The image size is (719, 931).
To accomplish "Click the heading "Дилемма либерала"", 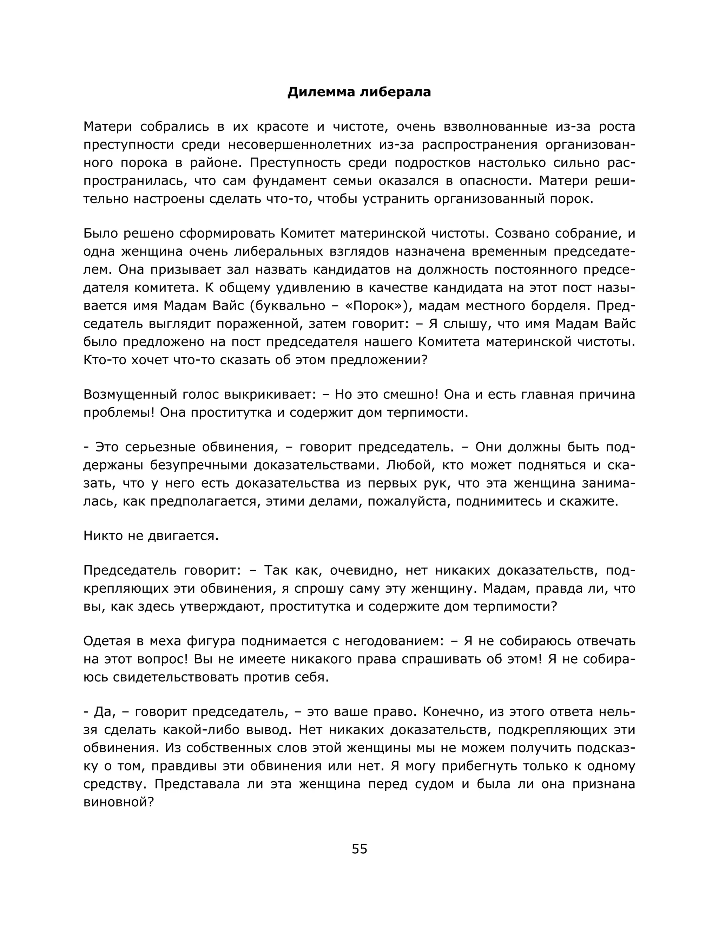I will (359, 92).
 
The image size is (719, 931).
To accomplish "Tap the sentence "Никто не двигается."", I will (151, 536).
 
